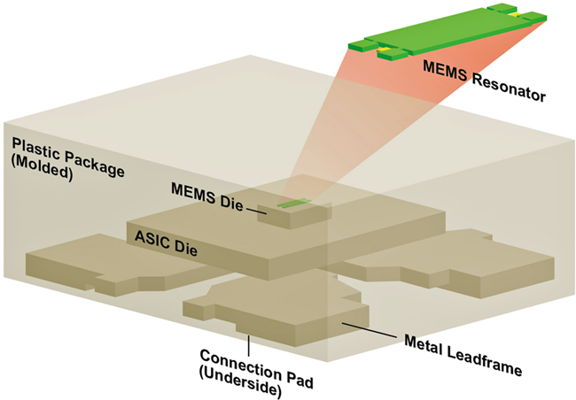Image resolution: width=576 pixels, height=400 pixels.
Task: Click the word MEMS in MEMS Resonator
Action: [445, 71]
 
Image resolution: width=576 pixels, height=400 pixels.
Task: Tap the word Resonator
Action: [509, 87]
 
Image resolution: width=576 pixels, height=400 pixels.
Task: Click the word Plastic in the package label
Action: [36, 150]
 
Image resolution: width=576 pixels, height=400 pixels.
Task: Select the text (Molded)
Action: [42, 170]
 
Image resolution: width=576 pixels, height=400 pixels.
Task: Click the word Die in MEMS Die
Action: [231, 203]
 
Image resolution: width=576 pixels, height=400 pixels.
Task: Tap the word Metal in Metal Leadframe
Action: [424, 344]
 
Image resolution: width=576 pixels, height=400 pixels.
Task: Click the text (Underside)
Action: [240, 383]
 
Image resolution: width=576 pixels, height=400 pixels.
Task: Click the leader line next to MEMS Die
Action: [256, 211]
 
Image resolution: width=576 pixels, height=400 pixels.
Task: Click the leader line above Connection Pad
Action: [249, 345]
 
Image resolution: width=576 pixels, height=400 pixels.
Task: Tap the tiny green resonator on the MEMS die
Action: [294, 203]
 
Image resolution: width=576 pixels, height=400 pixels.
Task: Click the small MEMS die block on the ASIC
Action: [294, 214]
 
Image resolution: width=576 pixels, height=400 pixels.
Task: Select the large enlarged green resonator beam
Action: [447, 32]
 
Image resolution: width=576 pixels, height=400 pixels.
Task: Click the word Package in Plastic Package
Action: [95, 165]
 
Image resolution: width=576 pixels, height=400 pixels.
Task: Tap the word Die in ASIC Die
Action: [185, 249]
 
